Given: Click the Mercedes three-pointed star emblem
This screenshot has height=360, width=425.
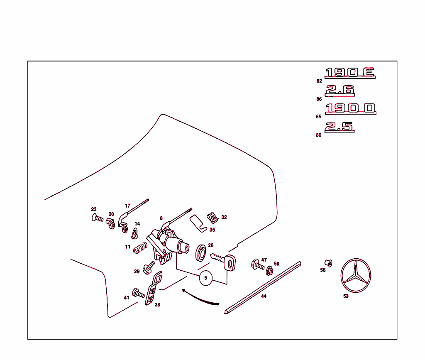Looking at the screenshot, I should (355, 276).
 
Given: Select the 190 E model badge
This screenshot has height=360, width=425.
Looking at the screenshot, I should (350, 73).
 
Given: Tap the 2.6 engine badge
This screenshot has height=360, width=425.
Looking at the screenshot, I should (340, 91).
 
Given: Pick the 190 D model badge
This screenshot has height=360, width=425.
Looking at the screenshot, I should (350, 109).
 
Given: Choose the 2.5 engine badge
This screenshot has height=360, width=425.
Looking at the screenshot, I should (339, 127).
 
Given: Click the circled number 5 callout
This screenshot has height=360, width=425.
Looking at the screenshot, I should (206, 278).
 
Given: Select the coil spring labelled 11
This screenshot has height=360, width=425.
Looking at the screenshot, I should (140, 248).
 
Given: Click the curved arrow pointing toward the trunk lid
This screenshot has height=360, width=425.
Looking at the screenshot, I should (199, 297).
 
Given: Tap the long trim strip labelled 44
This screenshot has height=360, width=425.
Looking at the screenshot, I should (262, 287).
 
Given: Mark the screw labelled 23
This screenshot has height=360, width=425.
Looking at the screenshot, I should (97, 217).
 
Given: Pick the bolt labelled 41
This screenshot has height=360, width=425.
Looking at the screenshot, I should (139, 293).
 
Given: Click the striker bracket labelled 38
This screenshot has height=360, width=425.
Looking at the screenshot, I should (153, 289).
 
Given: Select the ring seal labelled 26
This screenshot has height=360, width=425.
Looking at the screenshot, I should (201, 253).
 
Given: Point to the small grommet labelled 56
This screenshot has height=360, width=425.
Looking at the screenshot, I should (328, 263).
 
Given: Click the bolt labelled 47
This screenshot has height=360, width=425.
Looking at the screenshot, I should (257, 264).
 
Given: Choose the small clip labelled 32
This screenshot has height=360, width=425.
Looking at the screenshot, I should (212, 217).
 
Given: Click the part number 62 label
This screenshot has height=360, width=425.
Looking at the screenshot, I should (319, 81).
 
